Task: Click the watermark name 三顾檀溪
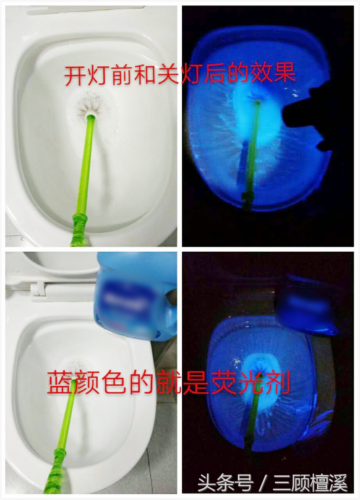point(310,483)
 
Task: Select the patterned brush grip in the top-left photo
point(80,229)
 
